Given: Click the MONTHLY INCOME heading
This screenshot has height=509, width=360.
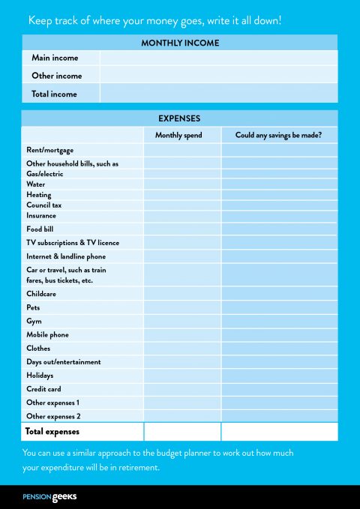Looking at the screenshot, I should tap(180, 43).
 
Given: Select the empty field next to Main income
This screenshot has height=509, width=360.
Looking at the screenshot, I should tap(218, 58).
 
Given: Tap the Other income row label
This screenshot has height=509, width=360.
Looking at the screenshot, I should tap(57, 76).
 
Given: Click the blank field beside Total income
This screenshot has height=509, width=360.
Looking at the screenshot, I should tap(218, 94).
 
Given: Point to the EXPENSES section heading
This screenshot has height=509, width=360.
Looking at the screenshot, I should tap(179, 118).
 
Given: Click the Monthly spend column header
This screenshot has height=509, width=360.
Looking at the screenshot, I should tap(178, 135).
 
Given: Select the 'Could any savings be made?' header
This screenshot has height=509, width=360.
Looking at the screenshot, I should tap(278, 135).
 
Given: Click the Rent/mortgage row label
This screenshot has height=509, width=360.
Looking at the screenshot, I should tap(50, 150).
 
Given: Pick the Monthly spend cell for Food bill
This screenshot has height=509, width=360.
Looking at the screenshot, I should tap(182, 229).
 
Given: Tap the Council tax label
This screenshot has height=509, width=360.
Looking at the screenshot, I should tap(44, 205).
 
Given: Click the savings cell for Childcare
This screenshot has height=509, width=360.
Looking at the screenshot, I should tap(279, 294).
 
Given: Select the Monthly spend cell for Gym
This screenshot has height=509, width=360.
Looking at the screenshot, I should tap(182, 321).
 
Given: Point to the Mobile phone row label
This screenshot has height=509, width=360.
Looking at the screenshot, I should tap(48, 334).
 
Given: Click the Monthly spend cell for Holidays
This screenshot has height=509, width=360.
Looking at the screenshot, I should tap(182, 376).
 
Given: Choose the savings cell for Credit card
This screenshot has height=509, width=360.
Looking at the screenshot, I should tap(279, 389).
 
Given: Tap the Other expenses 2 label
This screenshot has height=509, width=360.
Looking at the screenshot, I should tap(53, 416).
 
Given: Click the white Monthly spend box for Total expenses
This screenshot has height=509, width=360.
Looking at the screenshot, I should tap(182, 432).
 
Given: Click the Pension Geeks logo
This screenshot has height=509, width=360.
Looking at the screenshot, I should tap(49, 496).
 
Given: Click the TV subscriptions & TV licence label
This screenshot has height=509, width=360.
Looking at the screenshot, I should tap(73, 243).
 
